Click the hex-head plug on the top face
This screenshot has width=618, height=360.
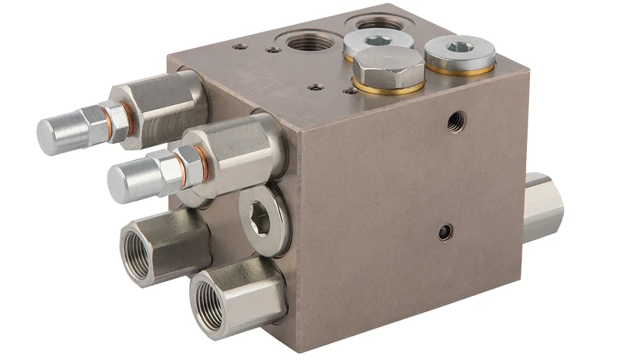[388, 67]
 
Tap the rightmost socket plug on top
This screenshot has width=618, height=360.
[460, 53]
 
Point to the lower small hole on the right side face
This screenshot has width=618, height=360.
[445, 232]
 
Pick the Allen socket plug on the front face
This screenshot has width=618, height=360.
[261, 219]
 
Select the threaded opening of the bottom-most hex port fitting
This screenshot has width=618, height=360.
[209, 296]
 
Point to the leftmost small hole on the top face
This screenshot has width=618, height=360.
[240, 46]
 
